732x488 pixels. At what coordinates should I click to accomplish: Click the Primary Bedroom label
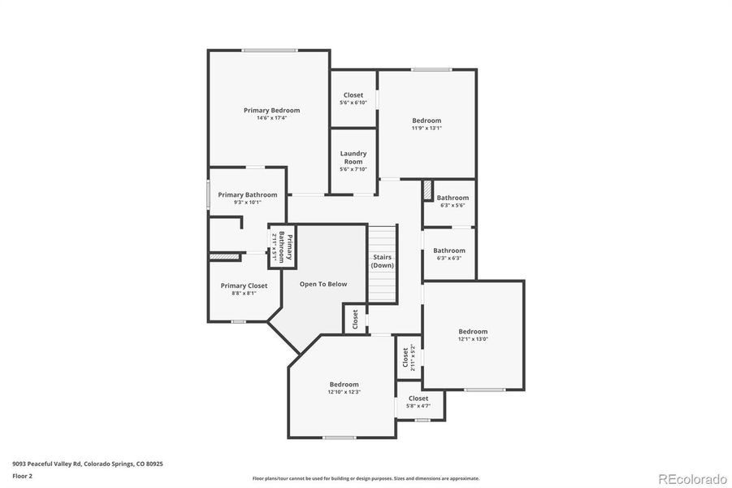271,110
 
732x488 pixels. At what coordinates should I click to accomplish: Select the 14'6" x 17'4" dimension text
271,118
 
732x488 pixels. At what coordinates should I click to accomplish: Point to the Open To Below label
323,284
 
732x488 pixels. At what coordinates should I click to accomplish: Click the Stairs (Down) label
383,261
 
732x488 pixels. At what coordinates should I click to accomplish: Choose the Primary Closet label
244,285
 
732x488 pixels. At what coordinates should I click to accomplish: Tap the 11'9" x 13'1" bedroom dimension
427,128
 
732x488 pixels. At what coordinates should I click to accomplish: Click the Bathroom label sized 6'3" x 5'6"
453,198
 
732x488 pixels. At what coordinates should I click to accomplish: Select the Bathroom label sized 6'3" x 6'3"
449,251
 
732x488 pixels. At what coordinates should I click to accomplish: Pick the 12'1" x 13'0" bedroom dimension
473,339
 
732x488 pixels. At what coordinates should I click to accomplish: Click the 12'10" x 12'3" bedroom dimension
344,392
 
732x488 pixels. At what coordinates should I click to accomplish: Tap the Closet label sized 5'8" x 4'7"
418,399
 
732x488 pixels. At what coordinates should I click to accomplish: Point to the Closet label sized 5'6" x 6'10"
353,95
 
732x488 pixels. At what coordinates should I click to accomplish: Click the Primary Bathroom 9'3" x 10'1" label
247,195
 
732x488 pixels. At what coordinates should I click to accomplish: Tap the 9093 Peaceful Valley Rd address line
88,464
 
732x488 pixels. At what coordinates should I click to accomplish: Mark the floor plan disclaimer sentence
366,478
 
